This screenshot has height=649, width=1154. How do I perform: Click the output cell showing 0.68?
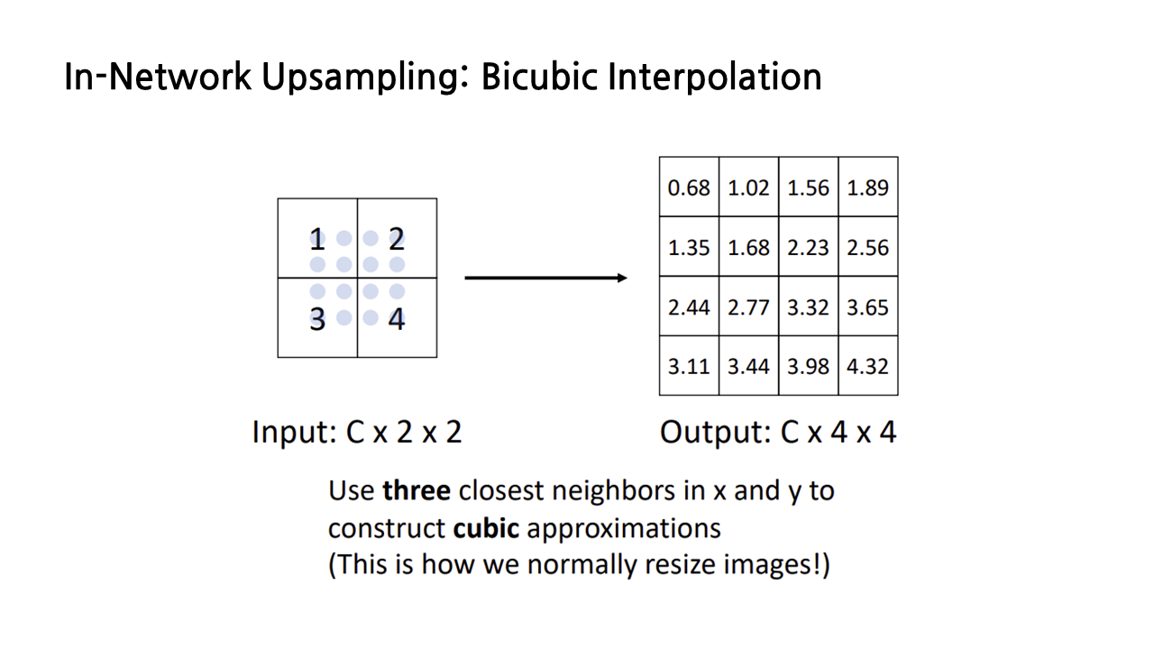pos(689,187)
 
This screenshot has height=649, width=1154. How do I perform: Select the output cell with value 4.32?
pos(867,367)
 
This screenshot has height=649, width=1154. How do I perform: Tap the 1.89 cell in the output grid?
pos(867,187)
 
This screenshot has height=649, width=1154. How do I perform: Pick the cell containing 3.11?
pos(689,367)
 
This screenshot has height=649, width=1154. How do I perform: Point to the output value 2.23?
pos(808,248)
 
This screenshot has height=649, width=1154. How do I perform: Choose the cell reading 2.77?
pos(748,307)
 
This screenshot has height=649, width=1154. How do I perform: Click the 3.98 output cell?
pos(808,367)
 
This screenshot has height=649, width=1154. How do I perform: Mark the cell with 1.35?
pos(689,248)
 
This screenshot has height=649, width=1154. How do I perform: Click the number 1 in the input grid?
pos(316,240)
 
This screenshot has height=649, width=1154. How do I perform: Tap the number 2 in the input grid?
pos(397,240)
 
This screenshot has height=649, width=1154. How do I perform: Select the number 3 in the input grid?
pos(316,319)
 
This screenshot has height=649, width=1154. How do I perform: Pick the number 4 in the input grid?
pos(397,319)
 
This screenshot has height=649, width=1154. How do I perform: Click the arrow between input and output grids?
pos(545,278)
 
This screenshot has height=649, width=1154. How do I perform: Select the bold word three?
pos(417,491)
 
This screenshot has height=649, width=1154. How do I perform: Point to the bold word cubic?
pos(486,527)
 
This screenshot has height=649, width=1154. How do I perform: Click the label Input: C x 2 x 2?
pos(357,433)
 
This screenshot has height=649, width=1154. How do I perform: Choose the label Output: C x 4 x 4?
pos(778,433)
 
